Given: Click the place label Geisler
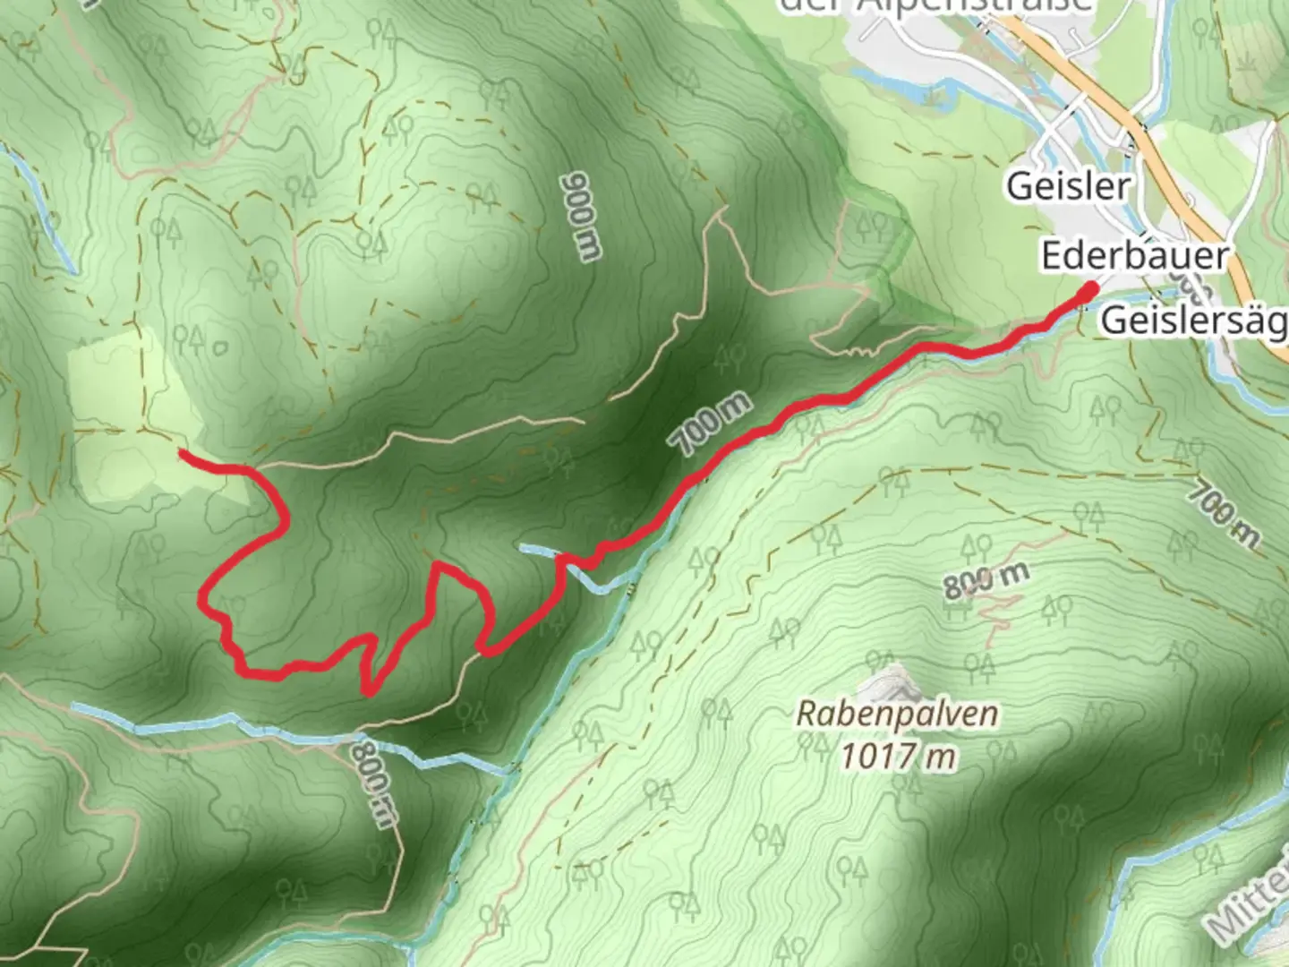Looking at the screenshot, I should point(1068,186).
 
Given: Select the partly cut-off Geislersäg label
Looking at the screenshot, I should point(1193,320).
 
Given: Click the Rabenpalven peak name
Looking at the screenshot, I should point(897,714).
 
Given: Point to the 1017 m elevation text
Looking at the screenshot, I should point(897,757).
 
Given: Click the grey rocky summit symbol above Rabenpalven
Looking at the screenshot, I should point(890,683).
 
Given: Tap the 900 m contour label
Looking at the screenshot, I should point(580,217).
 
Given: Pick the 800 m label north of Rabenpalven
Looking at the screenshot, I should point(986,581).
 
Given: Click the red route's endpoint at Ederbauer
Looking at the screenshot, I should point(1090,289).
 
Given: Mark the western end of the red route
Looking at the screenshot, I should point(183,453).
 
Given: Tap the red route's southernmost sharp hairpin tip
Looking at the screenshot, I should point(368,691).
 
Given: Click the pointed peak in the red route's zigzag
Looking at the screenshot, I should point(439,565).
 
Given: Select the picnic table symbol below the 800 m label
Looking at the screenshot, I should point(959,608).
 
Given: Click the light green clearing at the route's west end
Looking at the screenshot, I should point(125,412).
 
